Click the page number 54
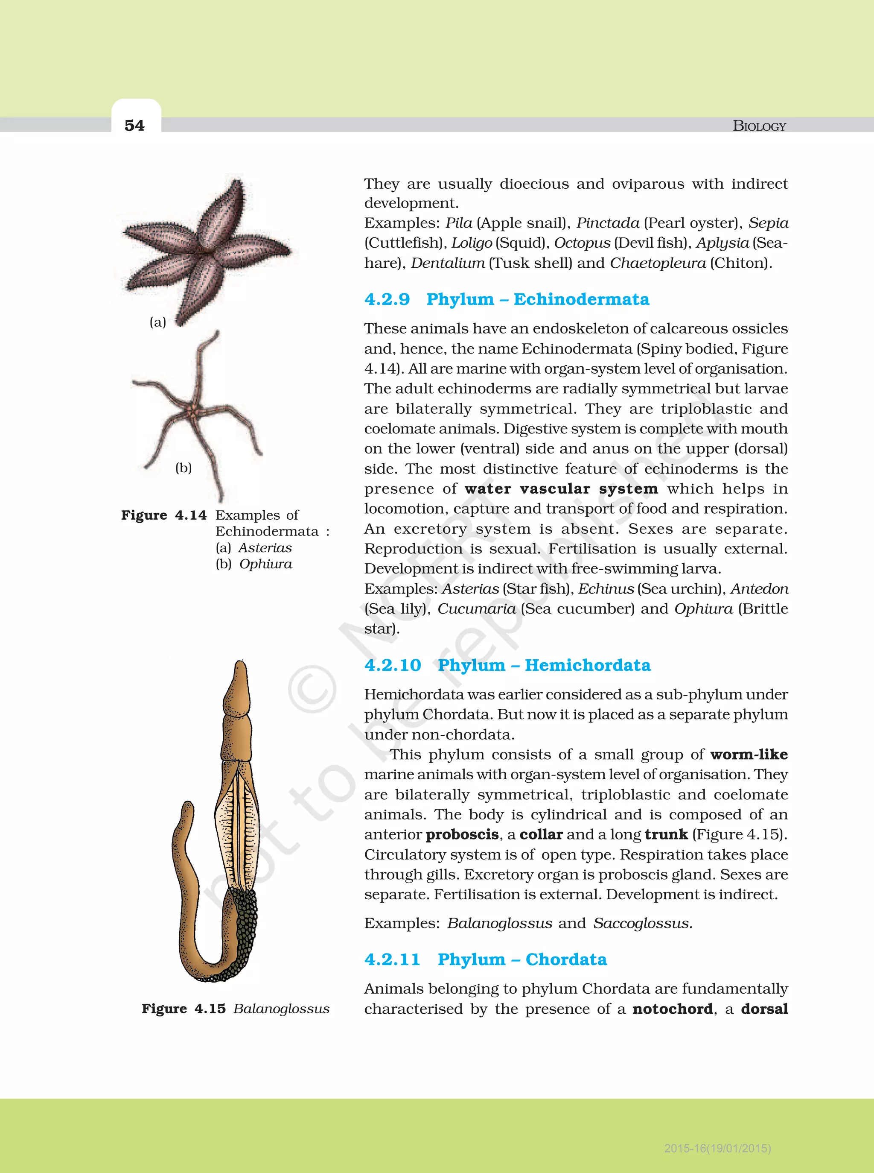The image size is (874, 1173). [x=134, y=126]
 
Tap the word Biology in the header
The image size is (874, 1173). [x=759, y=126]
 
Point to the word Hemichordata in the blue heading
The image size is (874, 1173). [x=587, y=665]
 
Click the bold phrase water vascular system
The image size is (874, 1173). [x=561, y=488]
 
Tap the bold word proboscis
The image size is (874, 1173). [x=462, y=834]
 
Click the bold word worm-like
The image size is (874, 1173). [x=749, y=754]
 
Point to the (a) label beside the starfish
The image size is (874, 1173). [x=157, y=322]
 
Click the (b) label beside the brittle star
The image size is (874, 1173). [x=184, y=468]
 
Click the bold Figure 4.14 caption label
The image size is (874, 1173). [x=163, y=515]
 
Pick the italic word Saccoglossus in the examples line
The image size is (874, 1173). [x=642, y=923]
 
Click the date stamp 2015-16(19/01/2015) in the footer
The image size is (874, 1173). [x=717, y=1148]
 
